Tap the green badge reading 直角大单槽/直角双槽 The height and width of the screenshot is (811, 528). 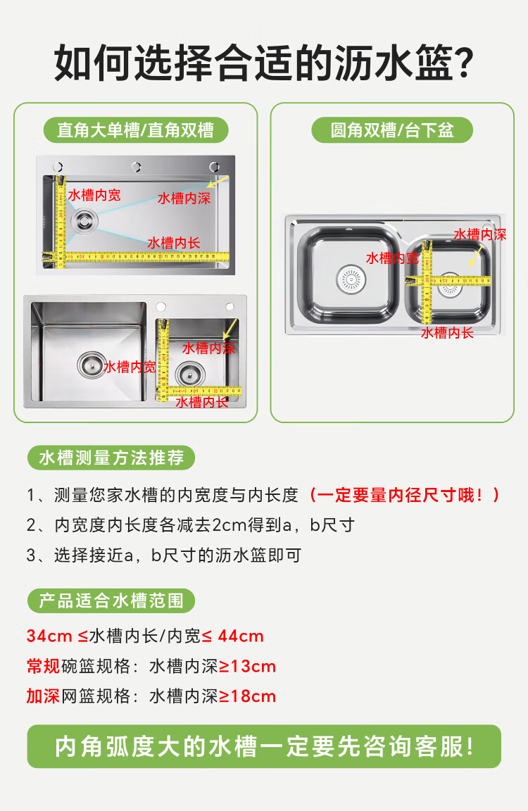click(x=135, y=130)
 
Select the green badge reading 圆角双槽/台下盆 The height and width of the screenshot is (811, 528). click(x=392, y=130)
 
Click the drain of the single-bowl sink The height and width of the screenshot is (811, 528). click(x=84, y=220)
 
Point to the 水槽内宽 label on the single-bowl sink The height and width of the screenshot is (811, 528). click(x=94, y=195)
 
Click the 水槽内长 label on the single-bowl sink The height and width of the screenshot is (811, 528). click(x=174, y=243)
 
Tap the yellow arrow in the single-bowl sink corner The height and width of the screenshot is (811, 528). click(x=218, y=182)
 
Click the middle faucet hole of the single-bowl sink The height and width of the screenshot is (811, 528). click(x=136, y=167)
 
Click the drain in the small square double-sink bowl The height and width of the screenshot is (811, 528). click(x=190, y=374)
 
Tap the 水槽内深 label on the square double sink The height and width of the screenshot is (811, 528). click(x=209, y=348)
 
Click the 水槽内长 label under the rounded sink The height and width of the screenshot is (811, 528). click(x=447, y=332)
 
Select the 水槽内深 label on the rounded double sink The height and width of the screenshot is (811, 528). click(x=480, y=234)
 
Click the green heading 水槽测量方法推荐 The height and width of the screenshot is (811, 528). click(x=111, y=458)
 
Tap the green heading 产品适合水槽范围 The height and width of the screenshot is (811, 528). click(x=111, y=601)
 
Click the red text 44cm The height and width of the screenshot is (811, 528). click(x=241, y=636)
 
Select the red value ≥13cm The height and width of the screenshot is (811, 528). click(x=248, y=666)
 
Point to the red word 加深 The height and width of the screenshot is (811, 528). click(x=44, y=696)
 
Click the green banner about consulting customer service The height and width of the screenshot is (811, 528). click(x=264, y=746)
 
